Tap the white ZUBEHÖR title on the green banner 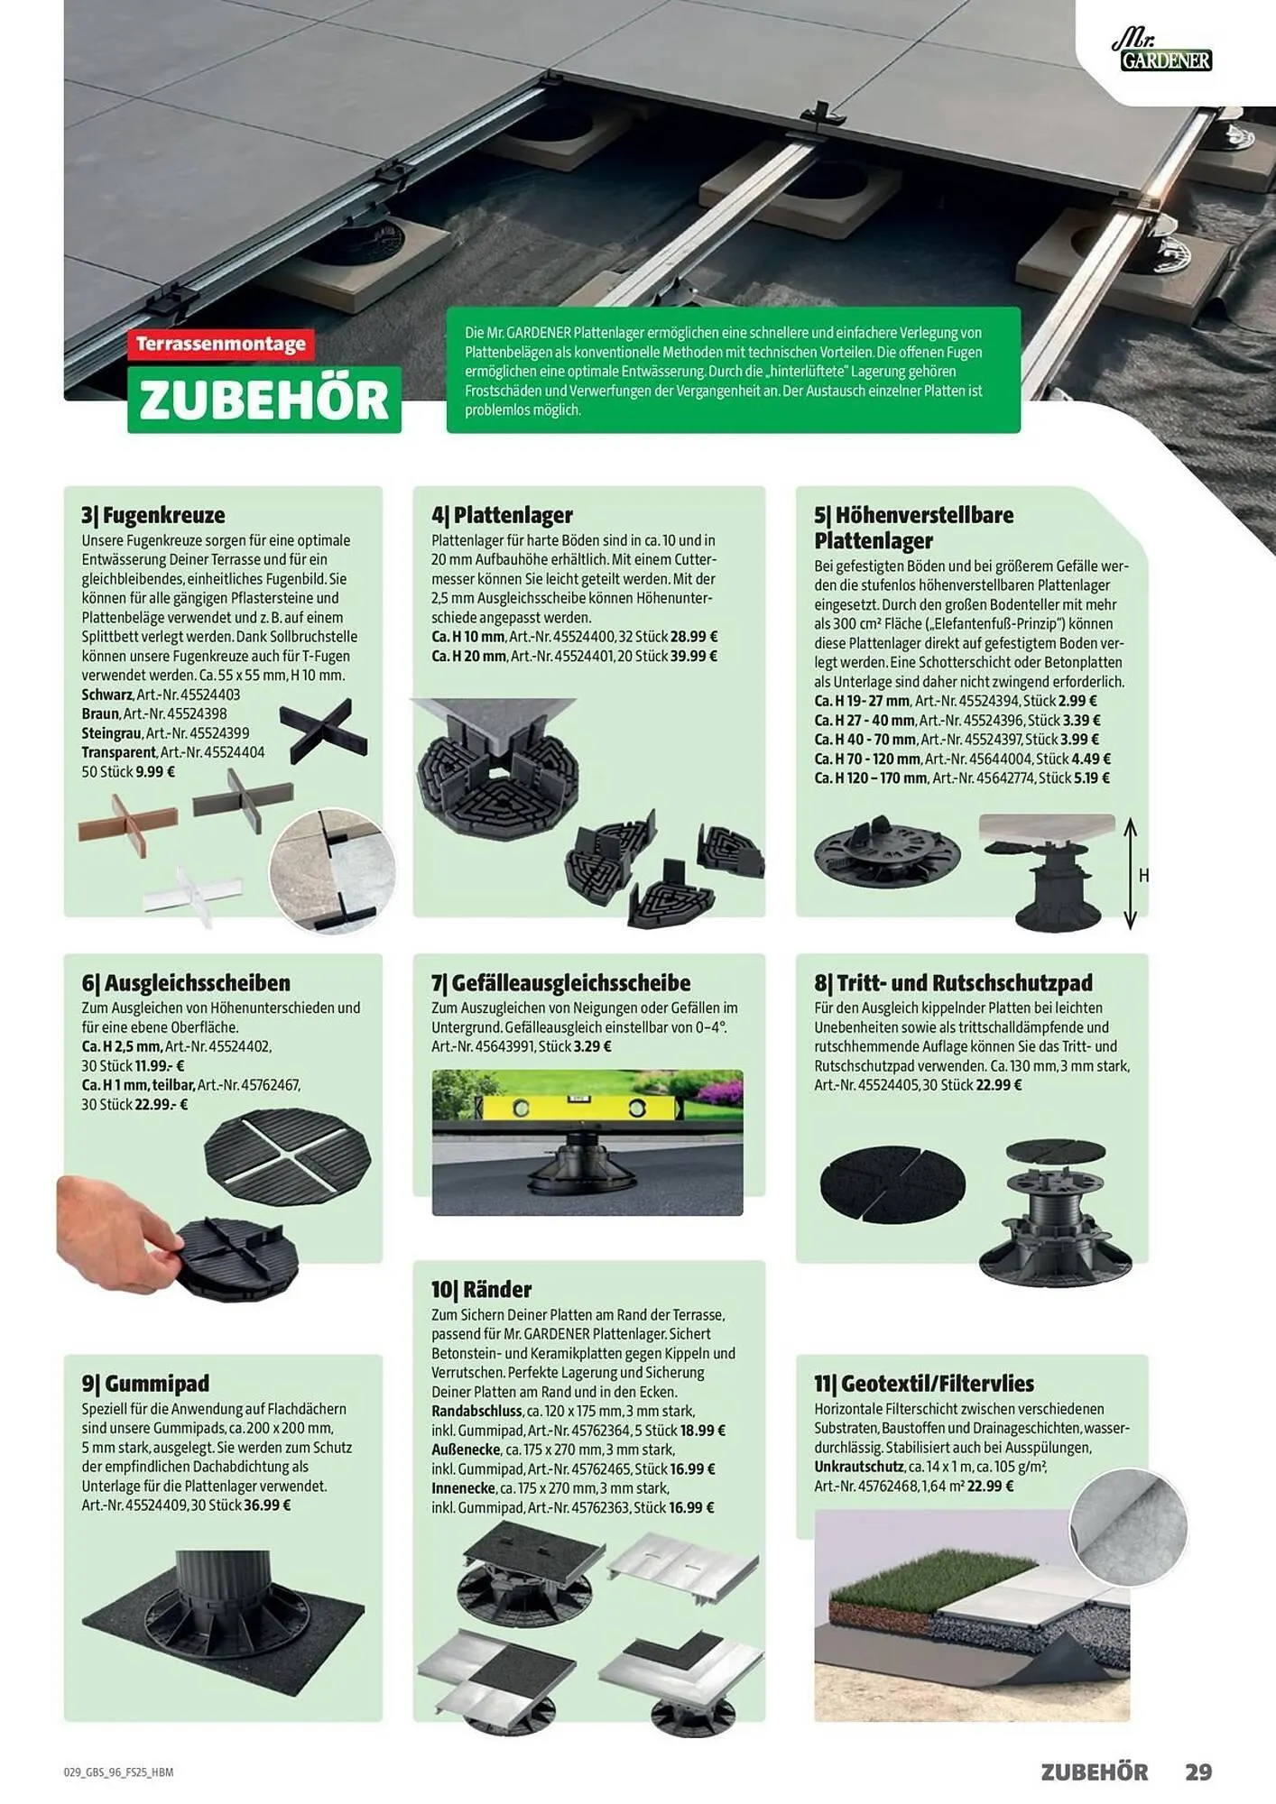tap(264, 400)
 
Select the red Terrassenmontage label tap(221, 344)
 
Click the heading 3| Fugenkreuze tap(153, 515)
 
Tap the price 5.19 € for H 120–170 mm tap(1092, 778)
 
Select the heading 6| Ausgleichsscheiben tap(186, 982)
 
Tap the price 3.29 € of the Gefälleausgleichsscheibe tap(593, 1046)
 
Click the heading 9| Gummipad tap(145, 1383)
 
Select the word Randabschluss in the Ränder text tap(476, 1411)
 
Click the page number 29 tap(1198, 1772)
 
